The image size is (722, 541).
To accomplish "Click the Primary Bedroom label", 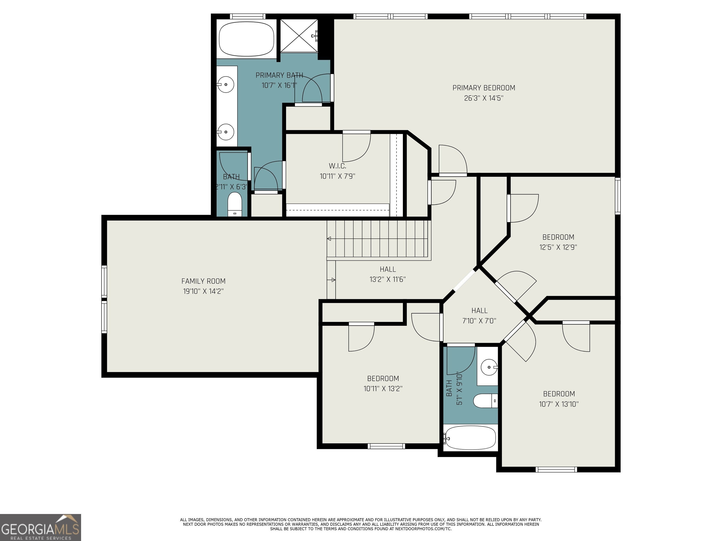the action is pyautogui.click(x=484, y=88).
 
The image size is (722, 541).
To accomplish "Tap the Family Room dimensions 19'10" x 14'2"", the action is pyautogui.click(x=203, y=291).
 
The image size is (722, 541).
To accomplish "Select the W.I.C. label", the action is pyautogui.click(x=337, y=166).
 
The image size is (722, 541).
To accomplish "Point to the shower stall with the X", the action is pyautogui.click(x=299, y=35).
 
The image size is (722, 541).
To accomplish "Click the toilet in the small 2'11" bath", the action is pyautogui.click(x=234, y=205).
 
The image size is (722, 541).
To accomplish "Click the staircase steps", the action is pyautogui.click(x=379, y=239).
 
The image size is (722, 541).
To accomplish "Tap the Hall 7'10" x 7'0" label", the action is pyautogui.click(x=479, y=316).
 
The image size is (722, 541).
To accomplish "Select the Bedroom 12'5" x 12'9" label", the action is pyautogui.click(x=558, y=242).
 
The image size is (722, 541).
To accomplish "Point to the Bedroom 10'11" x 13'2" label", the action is pyautogui.click(x=383, y=383).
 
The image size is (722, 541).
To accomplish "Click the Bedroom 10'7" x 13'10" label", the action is pyautogui.click(x=559, y=399).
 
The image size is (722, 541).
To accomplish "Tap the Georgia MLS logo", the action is pyautogui.click(x=40, y=527).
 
